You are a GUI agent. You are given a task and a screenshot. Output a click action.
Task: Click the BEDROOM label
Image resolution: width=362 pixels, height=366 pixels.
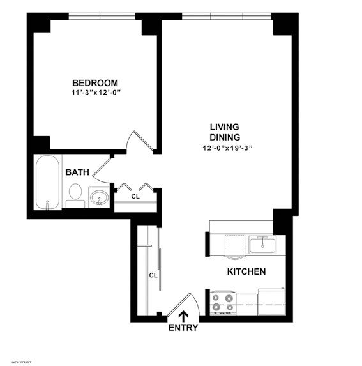point(94,83)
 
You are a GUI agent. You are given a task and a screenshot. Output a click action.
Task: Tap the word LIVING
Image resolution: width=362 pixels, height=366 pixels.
point(225,127)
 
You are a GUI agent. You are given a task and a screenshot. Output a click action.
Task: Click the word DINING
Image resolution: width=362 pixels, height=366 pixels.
point(225,137)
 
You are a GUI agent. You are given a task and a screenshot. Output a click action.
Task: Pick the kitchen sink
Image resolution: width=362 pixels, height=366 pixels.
point(262,243)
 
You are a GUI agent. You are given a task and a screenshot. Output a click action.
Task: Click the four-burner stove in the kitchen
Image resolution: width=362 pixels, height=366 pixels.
point(223,301)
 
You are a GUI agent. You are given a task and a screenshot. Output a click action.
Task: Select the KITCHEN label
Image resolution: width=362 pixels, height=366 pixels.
point(246,272)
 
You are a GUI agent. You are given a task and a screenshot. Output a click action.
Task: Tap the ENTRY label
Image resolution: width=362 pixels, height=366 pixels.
point(183,328)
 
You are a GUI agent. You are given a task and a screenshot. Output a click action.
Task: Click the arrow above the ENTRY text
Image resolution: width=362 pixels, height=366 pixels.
point(183,316)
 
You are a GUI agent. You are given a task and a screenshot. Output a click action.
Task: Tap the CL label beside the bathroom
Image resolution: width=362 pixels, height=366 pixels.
point(135,197)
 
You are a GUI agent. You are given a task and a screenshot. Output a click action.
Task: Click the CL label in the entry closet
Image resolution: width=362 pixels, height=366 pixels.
point(153,275)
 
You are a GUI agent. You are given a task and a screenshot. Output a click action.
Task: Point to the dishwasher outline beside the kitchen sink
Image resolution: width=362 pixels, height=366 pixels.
point(234,245)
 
